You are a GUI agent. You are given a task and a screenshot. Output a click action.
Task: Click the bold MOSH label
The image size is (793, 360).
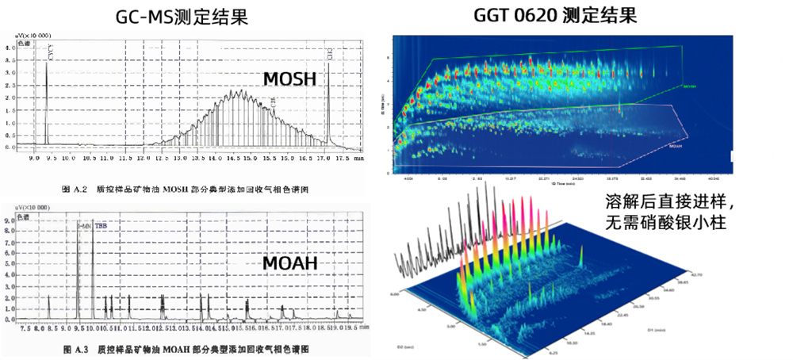pyautogui.click(x=289, y=78)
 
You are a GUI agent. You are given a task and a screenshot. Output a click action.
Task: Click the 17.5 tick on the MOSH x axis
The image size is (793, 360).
pyautogui.click(x=341, y=158)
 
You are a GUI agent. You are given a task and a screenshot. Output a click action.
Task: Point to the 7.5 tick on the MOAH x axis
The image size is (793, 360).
pyautogui.click(x=25, y=327)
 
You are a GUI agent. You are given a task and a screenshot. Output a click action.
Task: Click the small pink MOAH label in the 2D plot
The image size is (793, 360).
pyautogui.click(x=676, y=146)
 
